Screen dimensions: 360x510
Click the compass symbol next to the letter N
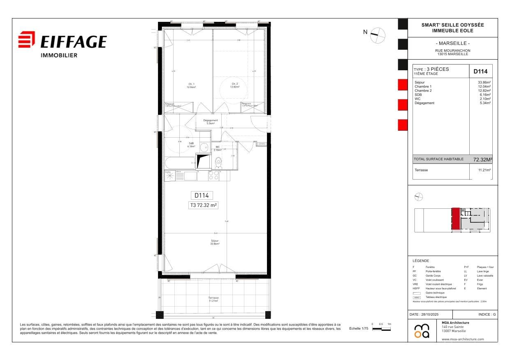pyautogui.click(x=378, y=35)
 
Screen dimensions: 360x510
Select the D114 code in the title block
pyautogui.click(x=480, y=71)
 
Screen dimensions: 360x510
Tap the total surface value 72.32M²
pyautogui.click(x=482, y=159)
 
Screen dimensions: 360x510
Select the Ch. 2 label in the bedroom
pyautogui.click(x=234, y=85)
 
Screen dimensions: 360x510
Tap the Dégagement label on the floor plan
pyautogui.click(x=210, y=122)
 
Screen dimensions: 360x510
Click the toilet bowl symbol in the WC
pyautogui.click(x=218, y=164)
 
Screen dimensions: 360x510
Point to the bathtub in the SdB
pyautogui.click(x=180, y=163)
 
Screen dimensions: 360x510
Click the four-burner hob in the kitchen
pyautogui.click(x=213, y=176)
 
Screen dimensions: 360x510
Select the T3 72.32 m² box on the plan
pyautogui.click(x=204, y=205)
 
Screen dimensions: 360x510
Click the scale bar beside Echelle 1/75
pyautogui.click(x=381, y=329)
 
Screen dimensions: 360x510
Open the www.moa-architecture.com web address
pyautogui.click(x=463, y=339)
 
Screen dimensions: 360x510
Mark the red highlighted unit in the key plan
pyautogui.click(x=456, y=219)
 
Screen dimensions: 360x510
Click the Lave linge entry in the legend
pyautogui.click(x=482, y=272)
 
